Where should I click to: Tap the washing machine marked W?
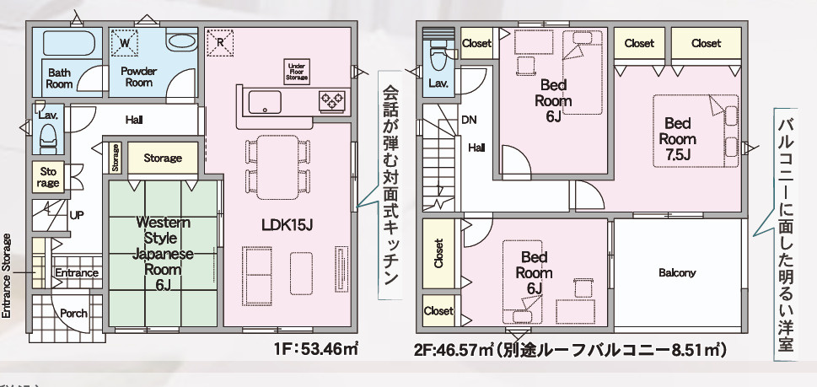tap(124, 41)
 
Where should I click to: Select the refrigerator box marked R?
tap(220, 41)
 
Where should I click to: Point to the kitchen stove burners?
tap(331, 100)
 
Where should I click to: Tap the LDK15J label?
tap(288, 225)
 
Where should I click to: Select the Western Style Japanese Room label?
tap(164, 253)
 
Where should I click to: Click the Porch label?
tap(73, 313)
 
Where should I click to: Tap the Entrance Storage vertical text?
tap(8, 273)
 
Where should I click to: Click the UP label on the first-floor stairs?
tap(77, 215)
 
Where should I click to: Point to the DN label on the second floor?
tap(469, 120)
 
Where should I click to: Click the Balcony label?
tap(677, 272)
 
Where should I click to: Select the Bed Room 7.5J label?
tap(678, 138)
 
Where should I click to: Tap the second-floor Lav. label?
tap(438, 83)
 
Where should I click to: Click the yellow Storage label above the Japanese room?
tap(162, 158)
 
